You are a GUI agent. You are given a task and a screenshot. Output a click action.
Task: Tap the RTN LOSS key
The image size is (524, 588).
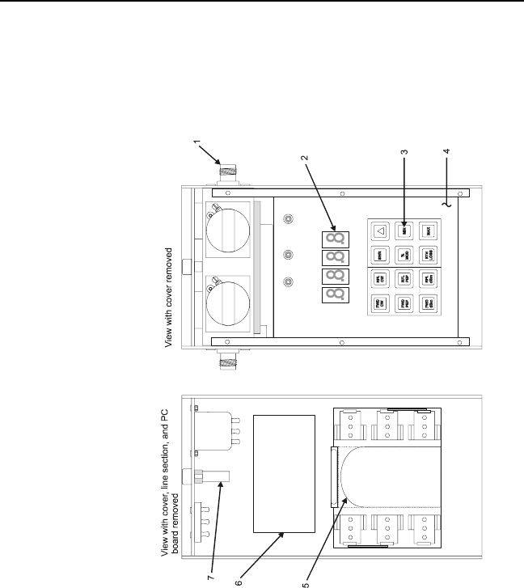tap(428, 256)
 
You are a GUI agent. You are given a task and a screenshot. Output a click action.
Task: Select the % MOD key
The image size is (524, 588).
tap(404, 256)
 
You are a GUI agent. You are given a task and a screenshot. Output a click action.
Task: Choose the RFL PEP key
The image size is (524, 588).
tap(404, 280)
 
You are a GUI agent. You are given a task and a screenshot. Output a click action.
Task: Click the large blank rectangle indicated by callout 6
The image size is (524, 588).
tap(284, 473)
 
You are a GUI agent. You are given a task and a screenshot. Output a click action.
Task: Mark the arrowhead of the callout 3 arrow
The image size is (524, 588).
tap(404, 225)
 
